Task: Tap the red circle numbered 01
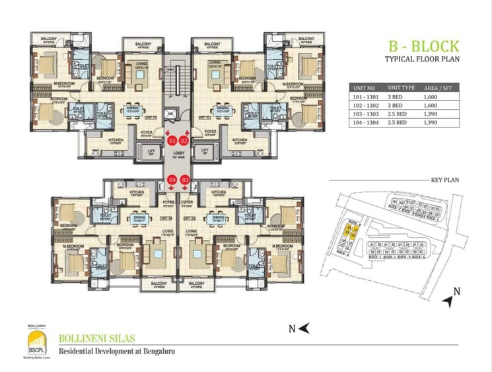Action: (x=172, y=141)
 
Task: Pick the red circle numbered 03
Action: (x=185, y=179)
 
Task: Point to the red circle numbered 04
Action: (x=172, y=179)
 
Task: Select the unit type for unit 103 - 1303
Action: (x=399, y=114)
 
